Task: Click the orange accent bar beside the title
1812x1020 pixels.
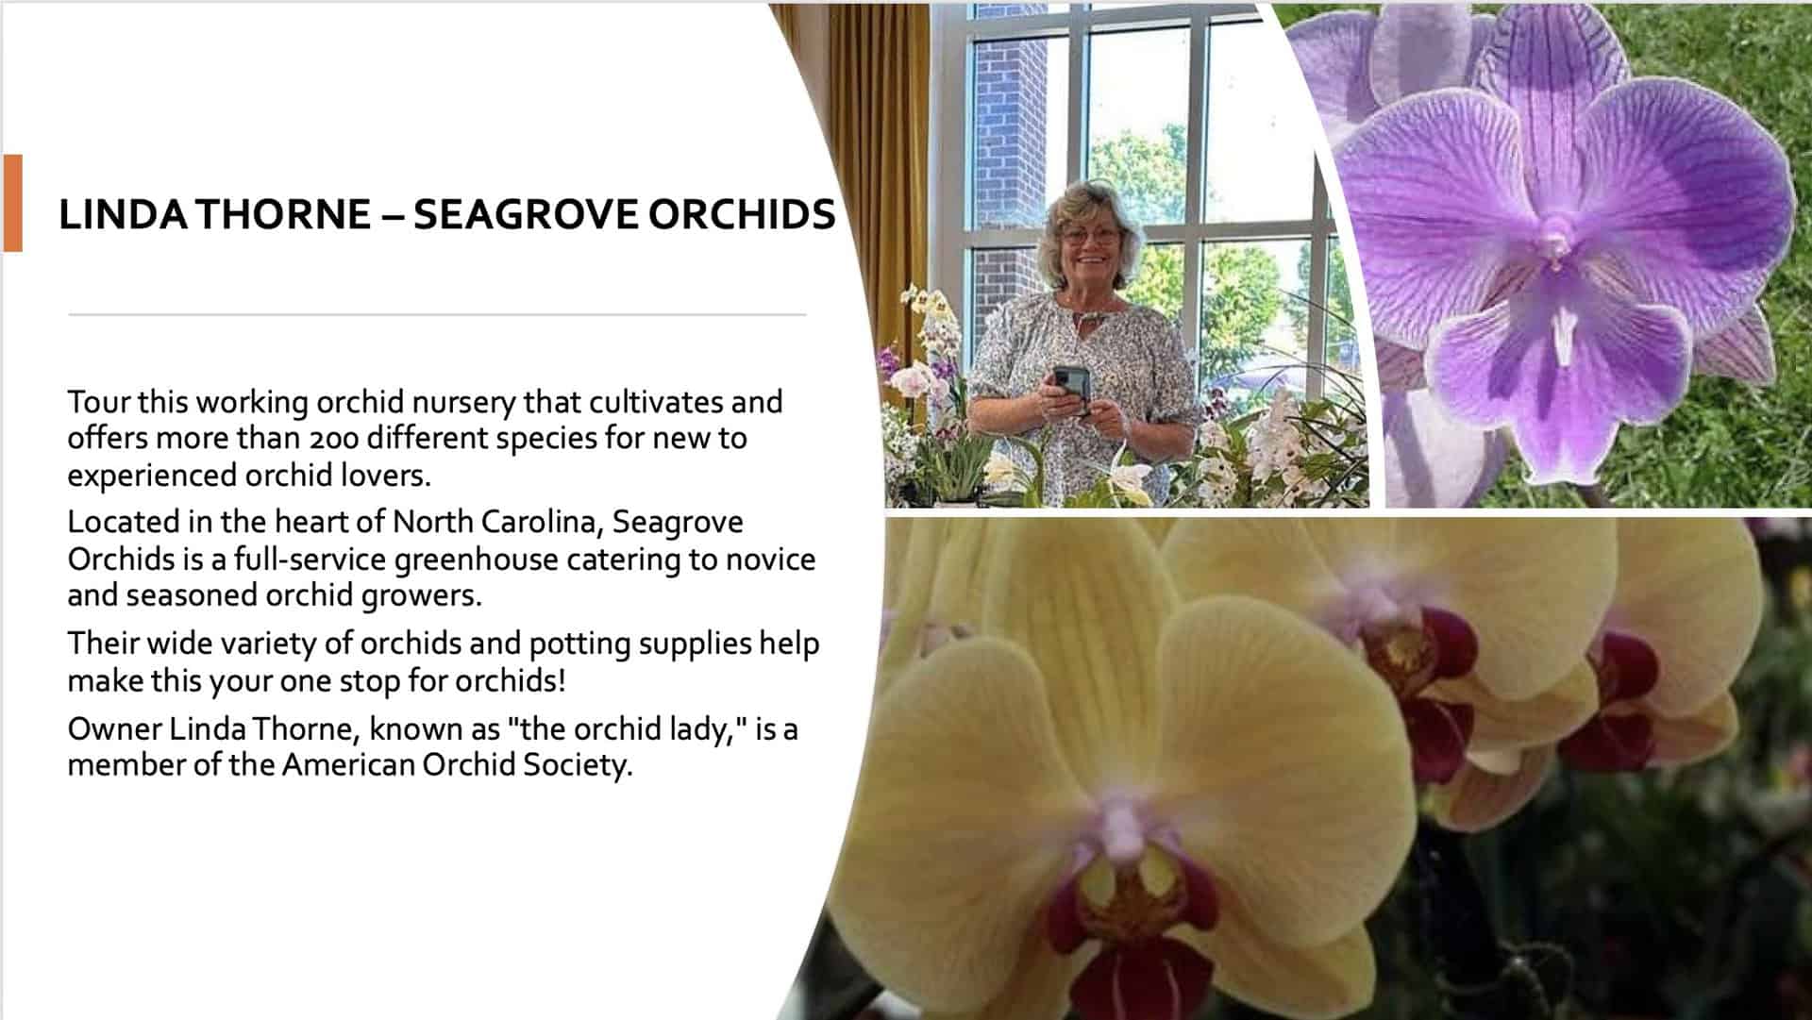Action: click(x=12, y=203)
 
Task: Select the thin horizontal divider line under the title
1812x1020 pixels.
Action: click(x=437, y=314)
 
